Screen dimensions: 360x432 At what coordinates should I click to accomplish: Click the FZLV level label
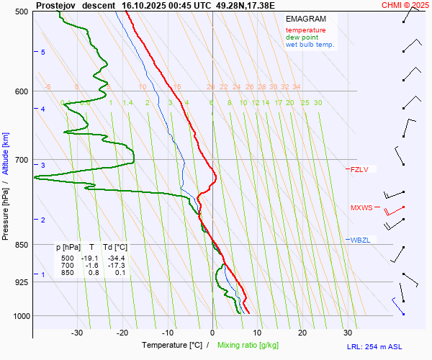(359, 170)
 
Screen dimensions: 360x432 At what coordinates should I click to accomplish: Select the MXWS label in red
(361, 208)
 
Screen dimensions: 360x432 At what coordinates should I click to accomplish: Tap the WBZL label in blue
(360, 240)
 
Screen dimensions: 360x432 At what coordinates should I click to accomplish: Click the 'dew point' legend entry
(303, 37)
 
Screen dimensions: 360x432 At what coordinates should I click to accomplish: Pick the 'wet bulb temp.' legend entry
(310, 45)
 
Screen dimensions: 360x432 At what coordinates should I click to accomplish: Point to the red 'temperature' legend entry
(305, 30)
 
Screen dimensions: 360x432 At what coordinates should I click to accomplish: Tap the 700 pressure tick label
(22, 159)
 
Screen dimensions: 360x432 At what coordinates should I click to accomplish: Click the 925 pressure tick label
(22, 282)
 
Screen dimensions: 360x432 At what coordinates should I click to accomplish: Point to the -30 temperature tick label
(78, 333)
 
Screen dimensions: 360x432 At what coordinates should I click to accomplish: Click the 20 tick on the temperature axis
(302, 333)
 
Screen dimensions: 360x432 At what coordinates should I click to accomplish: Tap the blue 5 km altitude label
(43, 53)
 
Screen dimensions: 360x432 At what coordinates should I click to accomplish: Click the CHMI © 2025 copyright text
(405, 5)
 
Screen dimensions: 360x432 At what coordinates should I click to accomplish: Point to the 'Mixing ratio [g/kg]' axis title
(253, 346)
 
